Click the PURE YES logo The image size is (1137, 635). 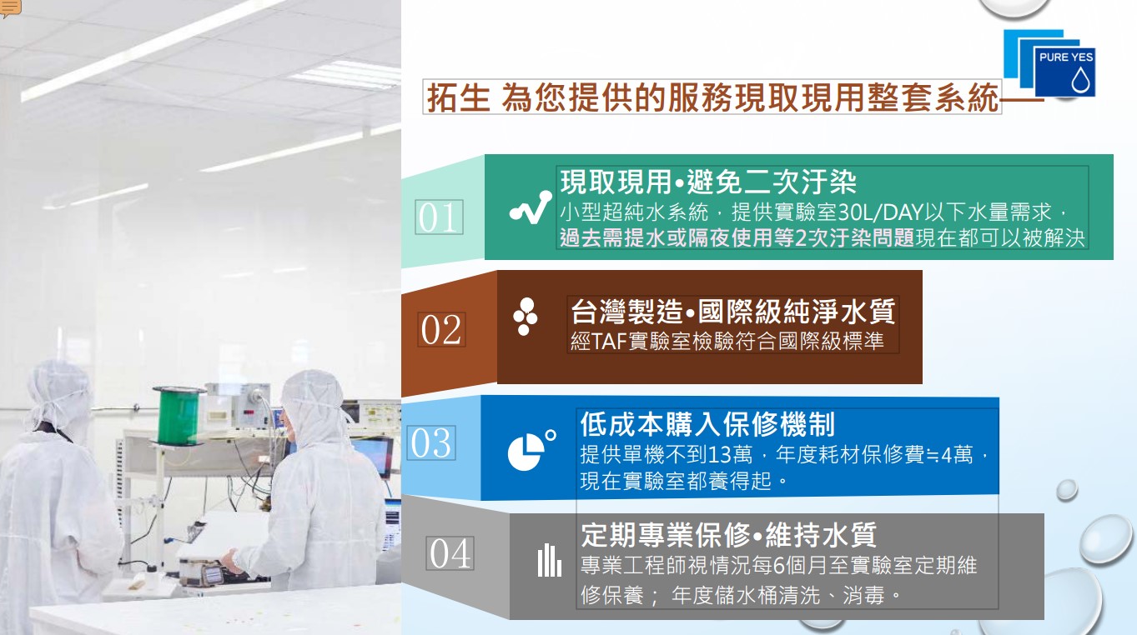tap(1049, 62)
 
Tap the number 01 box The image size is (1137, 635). tap(439, 217)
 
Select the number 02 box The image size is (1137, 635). tap(441, 330)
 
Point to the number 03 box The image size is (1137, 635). tap(431, 442)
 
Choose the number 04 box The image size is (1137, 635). tap(450, 552)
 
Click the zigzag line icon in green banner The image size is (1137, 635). tap(531, 207)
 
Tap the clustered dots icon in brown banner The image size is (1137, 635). tap(526, 317)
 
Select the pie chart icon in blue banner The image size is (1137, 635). tap(531, 450)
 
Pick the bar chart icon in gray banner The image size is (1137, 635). tap(549, 560)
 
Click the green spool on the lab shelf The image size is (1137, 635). tap(179, 416)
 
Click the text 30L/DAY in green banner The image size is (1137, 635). tap(880, 212)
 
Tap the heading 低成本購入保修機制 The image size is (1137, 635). tap(707, 424)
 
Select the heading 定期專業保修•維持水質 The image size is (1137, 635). tap(729, 534)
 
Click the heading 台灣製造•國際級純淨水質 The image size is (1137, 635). tap(733, 311)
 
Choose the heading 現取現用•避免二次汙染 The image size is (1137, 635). tap(708, 182)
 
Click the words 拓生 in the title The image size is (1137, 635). tap(458, 97)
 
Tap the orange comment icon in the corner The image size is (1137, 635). tap(10, 8)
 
